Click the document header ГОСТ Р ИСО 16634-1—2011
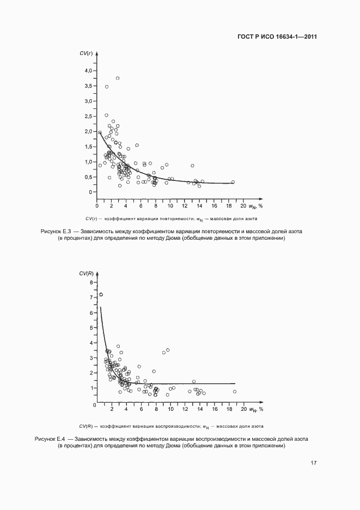277,37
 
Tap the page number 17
314,463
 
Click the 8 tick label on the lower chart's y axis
91,282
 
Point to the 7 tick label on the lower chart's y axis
91,297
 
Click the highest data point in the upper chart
117,78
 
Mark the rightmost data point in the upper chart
233,182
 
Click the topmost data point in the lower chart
100,295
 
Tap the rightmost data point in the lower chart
235,391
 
